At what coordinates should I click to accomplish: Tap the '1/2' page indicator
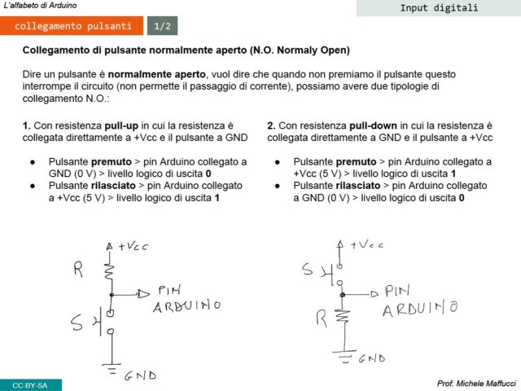(x=162, y=26)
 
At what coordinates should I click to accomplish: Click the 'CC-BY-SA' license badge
(x=30, y=384)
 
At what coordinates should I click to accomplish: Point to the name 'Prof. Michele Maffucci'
(x=476, y=383)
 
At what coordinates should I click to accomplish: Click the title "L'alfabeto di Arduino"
(x=41, y=5)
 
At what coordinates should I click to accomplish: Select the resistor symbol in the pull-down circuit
(x=344, y=318)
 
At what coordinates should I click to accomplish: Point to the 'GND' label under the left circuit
(x=139, y=376)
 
